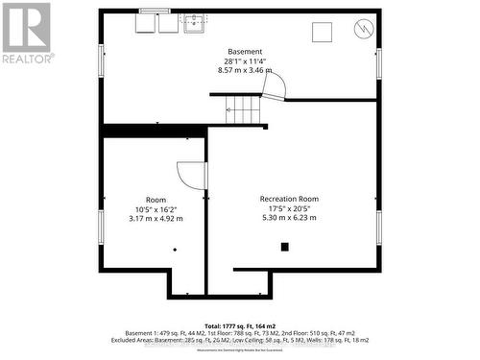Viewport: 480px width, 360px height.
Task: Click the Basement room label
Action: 245,51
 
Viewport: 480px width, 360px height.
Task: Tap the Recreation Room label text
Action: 289,199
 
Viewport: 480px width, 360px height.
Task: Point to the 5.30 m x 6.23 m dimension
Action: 289,218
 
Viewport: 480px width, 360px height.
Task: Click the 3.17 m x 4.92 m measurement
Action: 156,218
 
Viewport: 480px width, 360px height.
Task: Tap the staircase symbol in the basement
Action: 243,108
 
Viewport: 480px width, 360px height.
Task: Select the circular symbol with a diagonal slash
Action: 364,29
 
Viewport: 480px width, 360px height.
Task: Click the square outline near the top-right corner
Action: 322,31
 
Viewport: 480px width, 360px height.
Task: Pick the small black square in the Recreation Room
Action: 284,247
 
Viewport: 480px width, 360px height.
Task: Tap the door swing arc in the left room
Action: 191,176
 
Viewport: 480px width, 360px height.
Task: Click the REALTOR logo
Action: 27,34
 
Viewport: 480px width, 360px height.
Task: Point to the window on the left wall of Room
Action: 101,227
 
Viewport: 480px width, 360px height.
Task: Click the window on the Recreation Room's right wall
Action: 379,227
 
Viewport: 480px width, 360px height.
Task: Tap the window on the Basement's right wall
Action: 379,62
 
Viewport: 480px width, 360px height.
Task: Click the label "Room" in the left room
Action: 156,199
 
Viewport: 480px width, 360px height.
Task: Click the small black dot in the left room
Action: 175,250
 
